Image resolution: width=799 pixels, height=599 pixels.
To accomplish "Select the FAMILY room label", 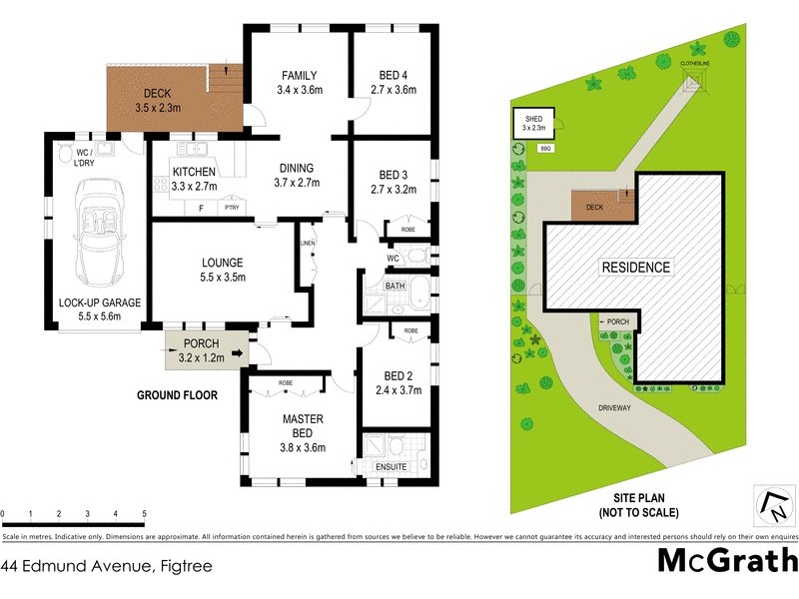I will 299,76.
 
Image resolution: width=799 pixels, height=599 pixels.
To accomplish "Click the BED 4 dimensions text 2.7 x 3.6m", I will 392,90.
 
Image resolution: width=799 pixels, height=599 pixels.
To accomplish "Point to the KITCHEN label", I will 194,172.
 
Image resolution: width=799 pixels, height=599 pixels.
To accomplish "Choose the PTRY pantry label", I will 232,209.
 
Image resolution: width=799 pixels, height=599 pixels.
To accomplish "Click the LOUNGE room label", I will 223,263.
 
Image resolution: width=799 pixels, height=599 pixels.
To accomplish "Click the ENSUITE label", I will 392,466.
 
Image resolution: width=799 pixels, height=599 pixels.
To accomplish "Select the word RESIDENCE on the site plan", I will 635,267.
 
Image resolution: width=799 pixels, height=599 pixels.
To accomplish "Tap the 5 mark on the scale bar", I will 145,513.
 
